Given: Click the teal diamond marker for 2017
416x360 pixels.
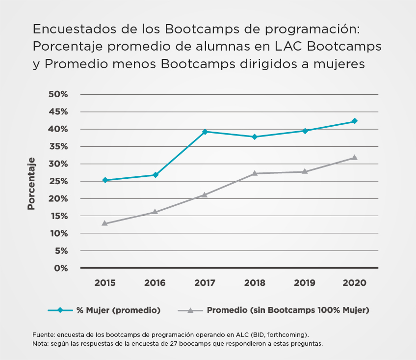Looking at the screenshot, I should [205, 132].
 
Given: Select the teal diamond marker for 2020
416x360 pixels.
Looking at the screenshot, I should [354, 121].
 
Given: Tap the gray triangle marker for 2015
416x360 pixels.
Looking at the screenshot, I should [105, 223].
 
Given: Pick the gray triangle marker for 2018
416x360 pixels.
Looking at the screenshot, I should [255, 173].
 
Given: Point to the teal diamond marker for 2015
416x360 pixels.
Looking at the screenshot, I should [105, 180].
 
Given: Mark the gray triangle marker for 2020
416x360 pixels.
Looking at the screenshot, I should [354, 157].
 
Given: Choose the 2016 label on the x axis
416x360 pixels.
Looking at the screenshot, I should [155, 283].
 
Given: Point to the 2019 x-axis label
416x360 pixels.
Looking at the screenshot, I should [304, 283].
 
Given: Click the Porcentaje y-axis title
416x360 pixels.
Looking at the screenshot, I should [31, 184].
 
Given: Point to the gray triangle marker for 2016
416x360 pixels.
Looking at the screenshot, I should [155, 212].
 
